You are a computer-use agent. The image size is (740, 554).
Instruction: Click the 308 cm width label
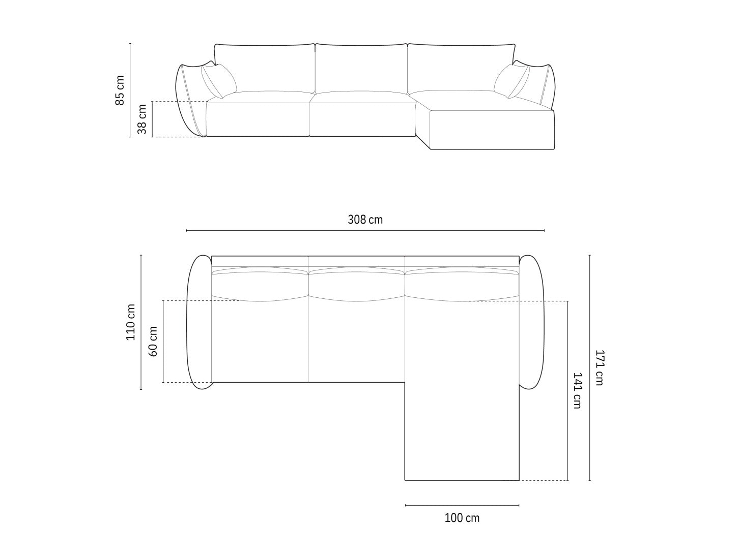pos(365,220)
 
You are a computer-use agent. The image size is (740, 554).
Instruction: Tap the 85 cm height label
pos(120,90)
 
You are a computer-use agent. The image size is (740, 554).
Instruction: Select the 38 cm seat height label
pos(143,119)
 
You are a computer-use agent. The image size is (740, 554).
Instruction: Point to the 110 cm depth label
pos(130,322)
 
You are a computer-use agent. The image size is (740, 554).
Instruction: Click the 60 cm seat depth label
pos(153,341)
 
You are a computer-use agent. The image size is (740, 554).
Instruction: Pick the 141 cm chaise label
pos(578,390)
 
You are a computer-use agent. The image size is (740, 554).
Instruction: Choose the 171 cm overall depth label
pos(600,367)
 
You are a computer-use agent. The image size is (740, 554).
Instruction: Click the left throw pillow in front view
pos(219,81)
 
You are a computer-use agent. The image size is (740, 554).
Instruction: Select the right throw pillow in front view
pos(511,81)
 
